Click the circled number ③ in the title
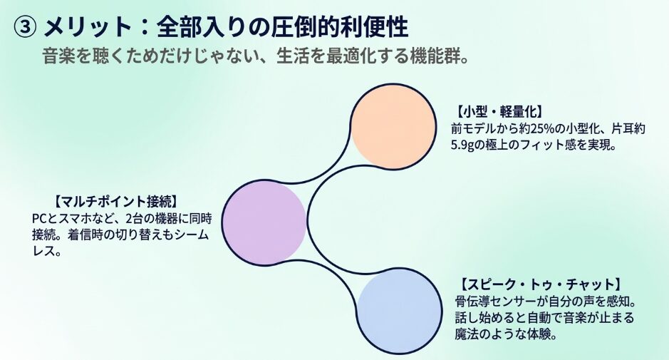(24, 27)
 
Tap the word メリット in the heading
(88, 27)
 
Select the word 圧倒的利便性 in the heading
(340, 27)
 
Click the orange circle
(394, 127)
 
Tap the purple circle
(264, 222)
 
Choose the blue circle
(400, 312)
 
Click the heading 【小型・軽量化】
(497, 112)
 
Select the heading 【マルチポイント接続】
(115, 201)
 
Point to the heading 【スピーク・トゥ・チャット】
(540, 284)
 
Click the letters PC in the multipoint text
(38, 218)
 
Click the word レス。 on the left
(46, 251)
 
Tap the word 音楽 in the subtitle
(59, 56)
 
